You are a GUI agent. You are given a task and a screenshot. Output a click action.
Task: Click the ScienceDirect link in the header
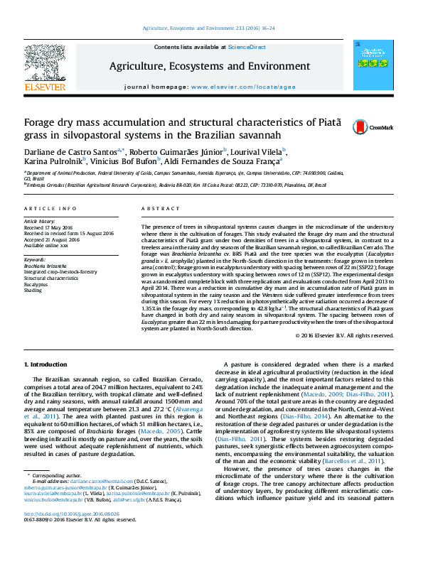click(x=247, y=47)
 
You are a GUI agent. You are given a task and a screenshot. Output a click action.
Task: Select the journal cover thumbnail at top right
click(x=368, y=69)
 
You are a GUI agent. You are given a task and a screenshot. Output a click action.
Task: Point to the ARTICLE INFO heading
click(x=50, y=209)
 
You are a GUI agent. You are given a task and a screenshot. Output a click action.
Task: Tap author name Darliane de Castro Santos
click(x=71, y=151)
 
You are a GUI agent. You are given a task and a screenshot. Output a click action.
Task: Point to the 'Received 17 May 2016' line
click(x=50, y=227)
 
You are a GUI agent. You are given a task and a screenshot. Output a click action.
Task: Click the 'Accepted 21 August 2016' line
click(x=51, y=239)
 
